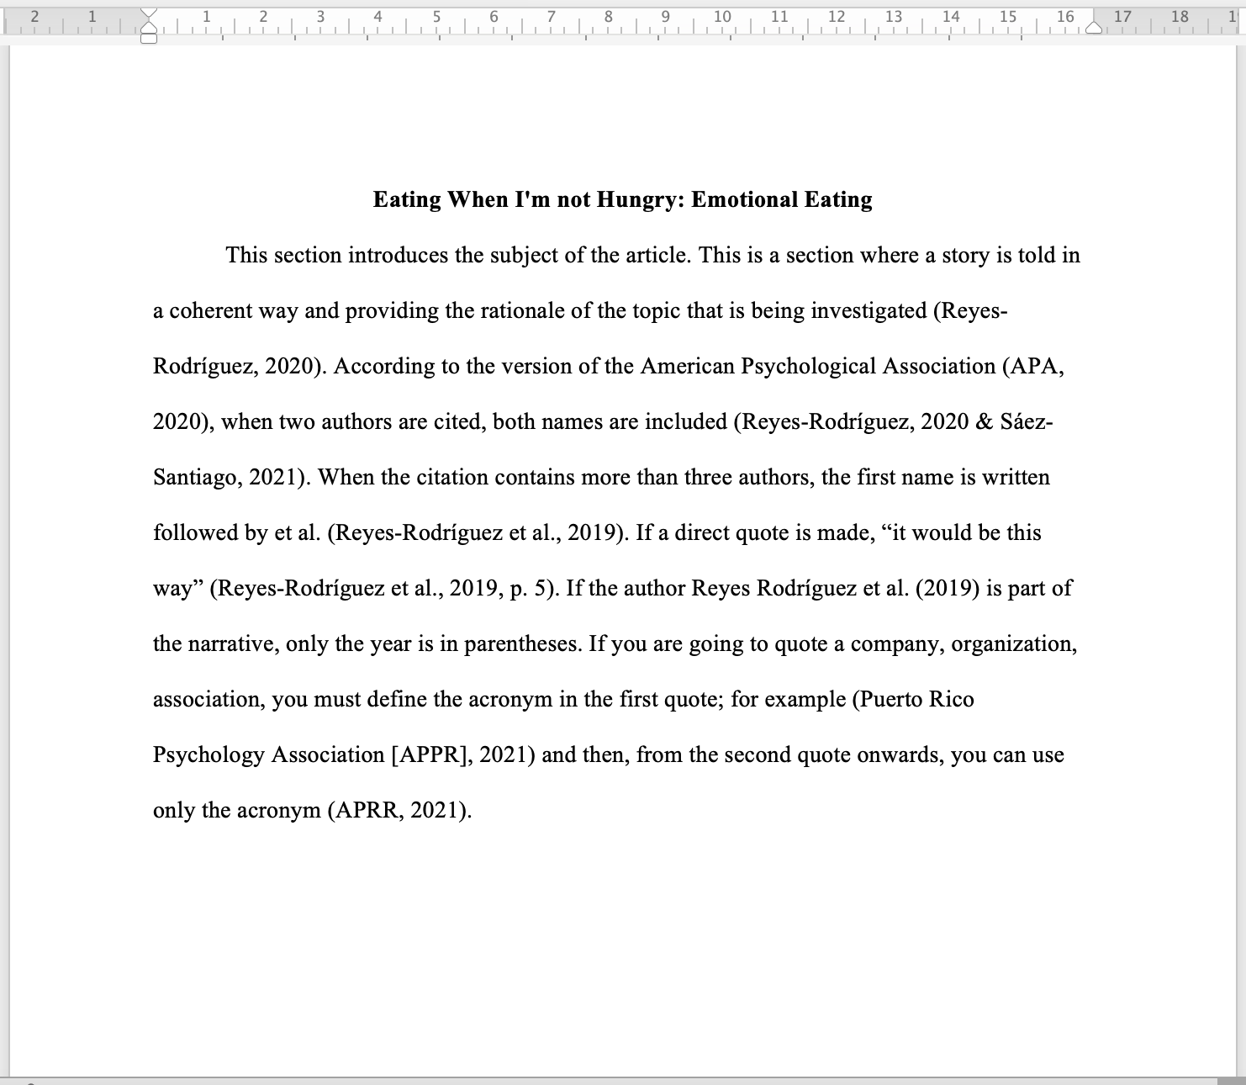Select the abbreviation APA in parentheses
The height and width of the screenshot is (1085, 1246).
pos(1035,367)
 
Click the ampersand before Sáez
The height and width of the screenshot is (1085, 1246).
pos(985,422)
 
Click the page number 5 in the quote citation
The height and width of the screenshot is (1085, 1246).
pos(540,589)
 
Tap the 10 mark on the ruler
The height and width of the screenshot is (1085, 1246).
pos(722,16)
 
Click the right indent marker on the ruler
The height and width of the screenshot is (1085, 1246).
pos(1094,27)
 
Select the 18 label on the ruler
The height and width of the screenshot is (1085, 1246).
pos(1180,16)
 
